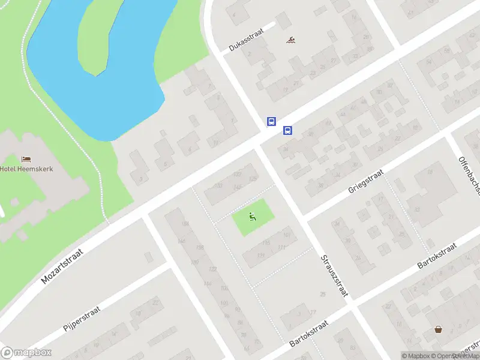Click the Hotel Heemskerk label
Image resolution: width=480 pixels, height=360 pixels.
26,169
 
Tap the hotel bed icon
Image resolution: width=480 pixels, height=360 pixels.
26,159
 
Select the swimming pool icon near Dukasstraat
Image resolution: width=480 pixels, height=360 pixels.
291,40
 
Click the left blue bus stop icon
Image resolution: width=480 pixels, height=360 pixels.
271,121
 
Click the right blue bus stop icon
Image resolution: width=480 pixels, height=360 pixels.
287,130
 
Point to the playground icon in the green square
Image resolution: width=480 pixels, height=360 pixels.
253,217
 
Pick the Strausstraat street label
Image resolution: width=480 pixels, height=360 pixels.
334,275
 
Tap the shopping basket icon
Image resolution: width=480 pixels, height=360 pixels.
439,330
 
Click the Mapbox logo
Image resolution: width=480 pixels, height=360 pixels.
26,353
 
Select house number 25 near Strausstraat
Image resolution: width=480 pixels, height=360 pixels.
323,294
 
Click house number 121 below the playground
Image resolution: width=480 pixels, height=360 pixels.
260,255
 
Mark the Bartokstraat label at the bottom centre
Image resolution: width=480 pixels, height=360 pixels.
310,334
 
